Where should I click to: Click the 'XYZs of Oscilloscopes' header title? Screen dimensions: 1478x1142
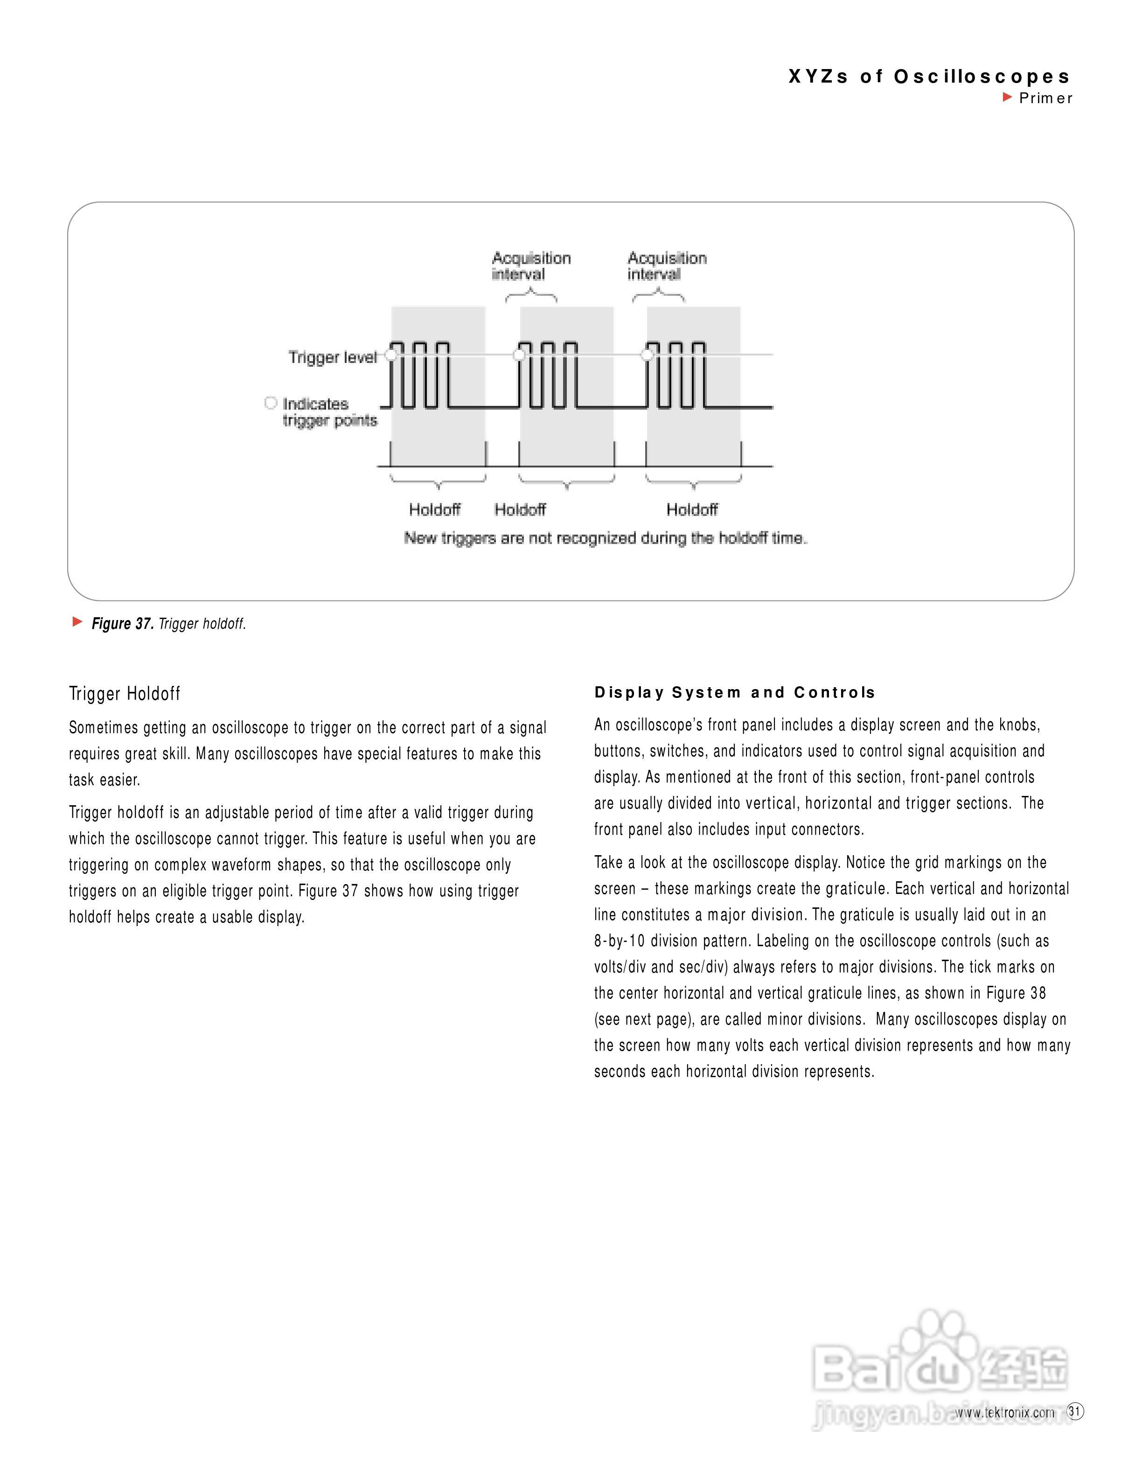(929, 77)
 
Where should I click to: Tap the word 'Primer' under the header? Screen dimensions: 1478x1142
(1045, 98)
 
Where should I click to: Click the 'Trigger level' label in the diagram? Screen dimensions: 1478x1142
(332, 357)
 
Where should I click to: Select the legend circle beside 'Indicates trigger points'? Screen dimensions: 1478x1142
(271, 404)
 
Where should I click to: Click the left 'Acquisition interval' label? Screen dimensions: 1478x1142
(531, 266)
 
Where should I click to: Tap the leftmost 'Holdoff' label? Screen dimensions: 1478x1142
(434, 509)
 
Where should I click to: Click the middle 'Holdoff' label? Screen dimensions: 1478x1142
(520, 509)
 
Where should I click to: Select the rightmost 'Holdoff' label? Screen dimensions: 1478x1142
(691, 509)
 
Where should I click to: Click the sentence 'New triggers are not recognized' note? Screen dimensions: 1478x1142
(605, 539)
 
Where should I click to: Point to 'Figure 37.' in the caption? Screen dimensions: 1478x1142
(122, 624)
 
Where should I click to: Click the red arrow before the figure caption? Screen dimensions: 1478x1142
(77, 622)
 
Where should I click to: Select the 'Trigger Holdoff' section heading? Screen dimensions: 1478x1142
(125, 694)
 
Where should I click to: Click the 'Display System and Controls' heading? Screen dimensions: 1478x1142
(735, 692)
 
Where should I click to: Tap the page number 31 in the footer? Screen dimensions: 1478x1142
(1074, 1412)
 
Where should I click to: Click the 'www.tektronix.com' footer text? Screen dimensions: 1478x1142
(1005, 1413)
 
